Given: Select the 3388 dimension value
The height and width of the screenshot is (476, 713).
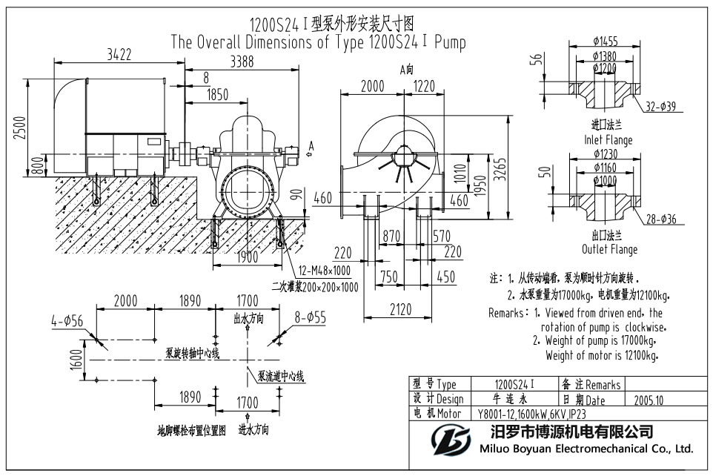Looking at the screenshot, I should [242, 62].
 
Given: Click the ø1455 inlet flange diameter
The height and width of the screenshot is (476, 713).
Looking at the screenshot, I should [606, 42].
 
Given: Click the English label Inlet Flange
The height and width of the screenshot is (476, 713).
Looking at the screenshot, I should [608, 139].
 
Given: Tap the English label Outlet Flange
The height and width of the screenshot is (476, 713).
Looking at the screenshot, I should [610, 249].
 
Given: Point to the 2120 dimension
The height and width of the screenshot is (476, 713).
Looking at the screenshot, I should [400, 311].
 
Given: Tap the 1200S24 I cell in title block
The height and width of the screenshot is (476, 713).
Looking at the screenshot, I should [514, 384].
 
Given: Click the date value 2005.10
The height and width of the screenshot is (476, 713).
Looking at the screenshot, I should [650, 400].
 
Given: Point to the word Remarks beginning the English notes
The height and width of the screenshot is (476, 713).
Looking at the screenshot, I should [508, 314].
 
